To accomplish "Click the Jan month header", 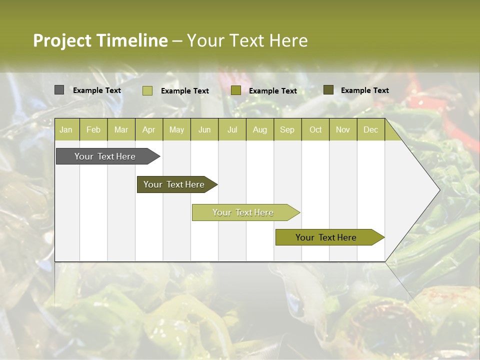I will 66,129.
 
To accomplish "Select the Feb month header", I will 93,129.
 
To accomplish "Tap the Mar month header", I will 121,129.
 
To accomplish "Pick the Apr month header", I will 149,129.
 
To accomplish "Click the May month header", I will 176,129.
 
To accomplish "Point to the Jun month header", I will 204,129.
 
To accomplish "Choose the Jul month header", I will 232,129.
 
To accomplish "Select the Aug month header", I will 260,129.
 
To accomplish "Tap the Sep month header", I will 287,129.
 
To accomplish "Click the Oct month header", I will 315,129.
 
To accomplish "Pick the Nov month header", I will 343,129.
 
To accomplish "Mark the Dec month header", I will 371,129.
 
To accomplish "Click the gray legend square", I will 59,90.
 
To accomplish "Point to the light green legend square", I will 147,90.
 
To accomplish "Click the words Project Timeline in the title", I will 100,40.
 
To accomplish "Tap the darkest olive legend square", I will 328,90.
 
